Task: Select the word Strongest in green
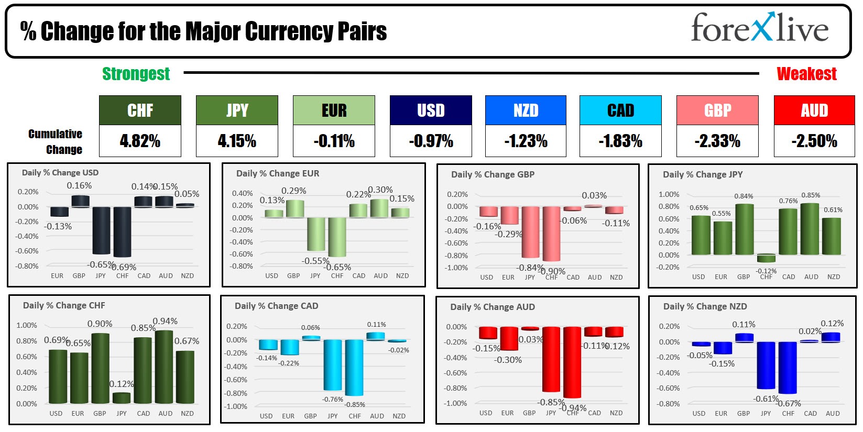(136, 74)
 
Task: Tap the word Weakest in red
(806, 74)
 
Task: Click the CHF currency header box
(140, 110)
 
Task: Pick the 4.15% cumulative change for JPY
(237, 141)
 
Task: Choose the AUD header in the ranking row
(814, 110)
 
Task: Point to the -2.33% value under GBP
(717, 141)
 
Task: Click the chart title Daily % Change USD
(60, 173)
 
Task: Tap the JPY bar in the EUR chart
(316, 234)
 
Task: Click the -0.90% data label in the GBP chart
(552, 271)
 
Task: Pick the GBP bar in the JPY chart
(745, 229)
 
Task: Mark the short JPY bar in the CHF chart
(122, 397)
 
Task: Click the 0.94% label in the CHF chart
(165, 321)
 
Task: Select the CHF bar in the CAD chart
(354, 367)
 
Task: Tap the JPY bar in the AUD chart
(551, 359)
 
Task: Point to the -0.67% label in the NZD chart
(789, 403)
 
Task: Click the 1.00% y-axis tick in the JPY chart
(669, 194)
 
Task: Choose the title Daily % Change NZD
(705, 307)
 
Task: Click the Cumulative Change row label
(56, 141)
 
